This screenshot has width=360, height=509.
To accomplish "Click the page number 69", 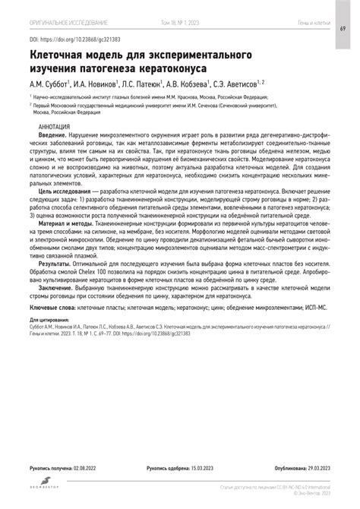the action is [x=344, y=28].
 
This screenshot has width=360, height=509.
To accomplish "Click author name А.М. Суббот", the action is [x=48, y=85].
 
